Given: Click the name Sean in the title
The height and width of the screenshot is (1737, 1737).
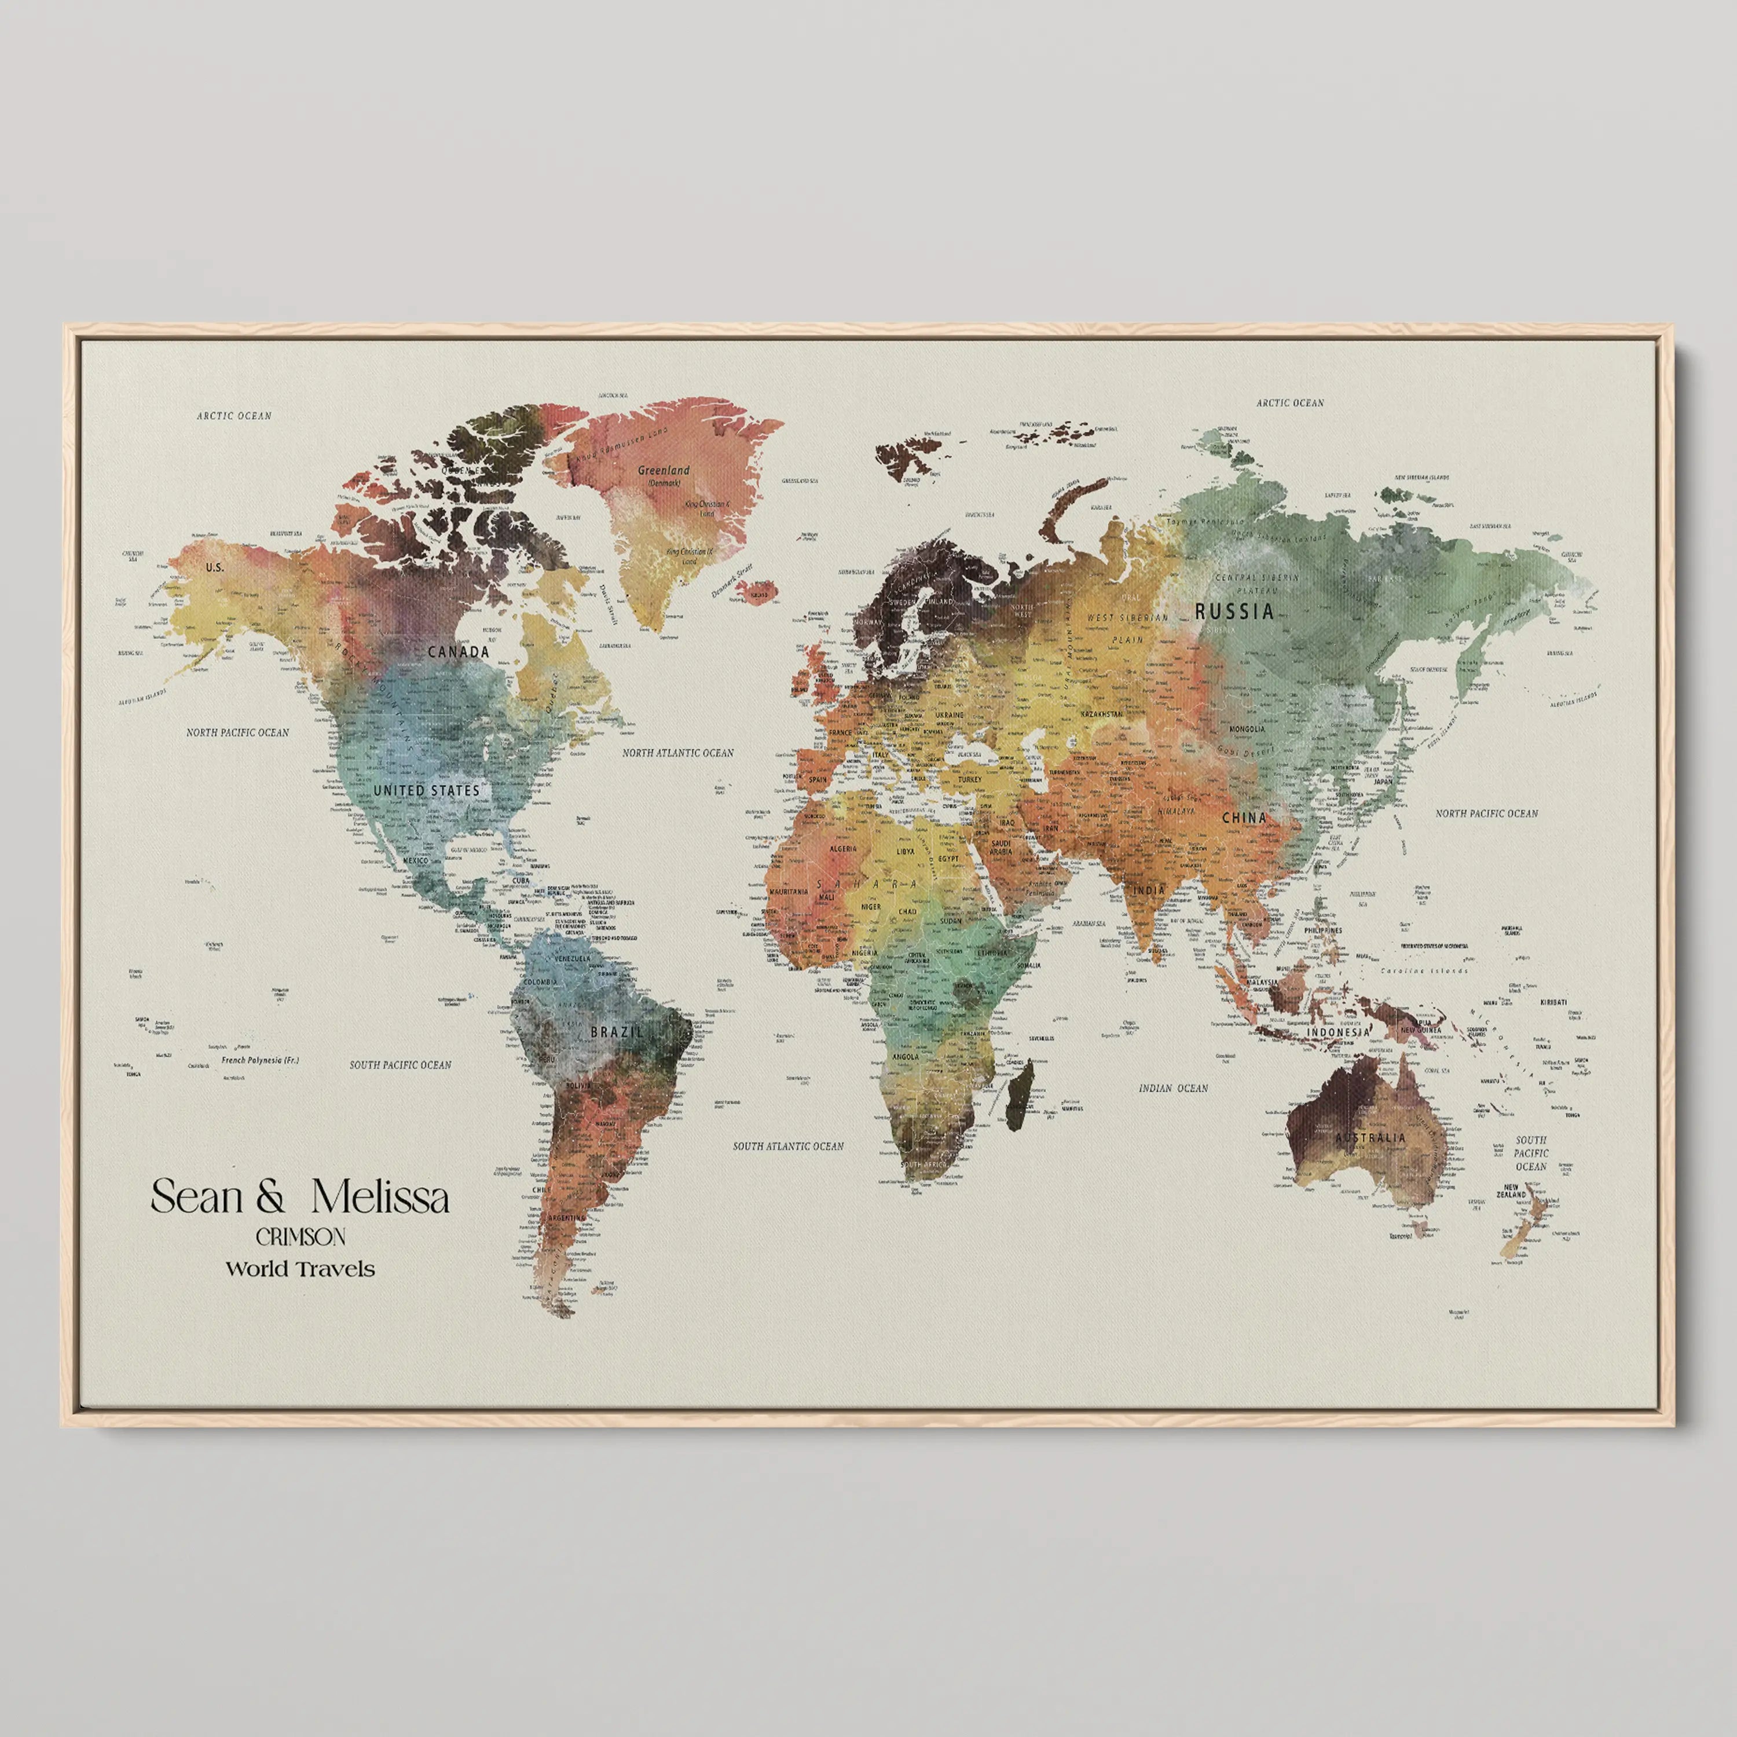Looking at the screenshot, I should pyautogui.click(x=197, y=1197).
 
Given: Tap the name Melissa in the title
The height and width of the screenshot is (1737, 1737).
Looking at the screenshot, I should pyautogui.click(x=380, y=1197).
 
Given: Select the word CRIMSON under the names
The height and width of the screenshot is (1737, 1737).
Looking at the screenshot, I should pyautogui.click(x=301, y=1237).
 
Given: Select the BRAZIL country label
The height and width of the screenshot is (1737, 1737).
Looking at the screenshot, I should pyautogui.click(x=616, y=1032).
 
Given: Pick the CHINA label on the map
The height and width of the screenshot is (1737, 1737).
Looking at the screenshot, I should pyautogui.click(x=1244, y=818).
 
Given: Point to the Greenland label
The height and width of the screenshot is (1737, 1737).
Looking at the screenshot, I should pyautogui.click(x=664, y=470).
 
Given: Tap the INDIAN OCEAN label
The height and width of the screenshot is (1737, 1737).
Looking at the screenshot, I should pyautogui.click(x=1173, y=1088).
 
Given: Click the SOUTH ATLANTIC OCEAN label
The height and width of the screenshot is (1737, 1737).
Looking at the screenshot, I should pyautogui.click(x=787, y=1146).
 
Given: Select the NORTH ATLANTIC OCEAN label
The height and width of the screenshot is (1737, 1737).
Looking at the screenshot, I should pyautogui.click(x=678, y=753).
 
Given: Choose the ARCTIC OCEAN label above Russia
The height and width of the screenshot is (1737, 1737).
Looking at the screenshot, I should pyautogui.click(x=1289, y=403).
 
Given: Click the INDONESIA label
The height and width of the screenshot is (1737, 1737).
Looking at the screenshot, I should pyautogui.click(x=1338, y=1033).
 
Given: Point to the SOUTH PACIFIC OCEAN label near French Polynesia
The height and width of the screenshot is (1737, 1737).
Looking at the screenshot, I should pyautogui.click(x=400, y=1065).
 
